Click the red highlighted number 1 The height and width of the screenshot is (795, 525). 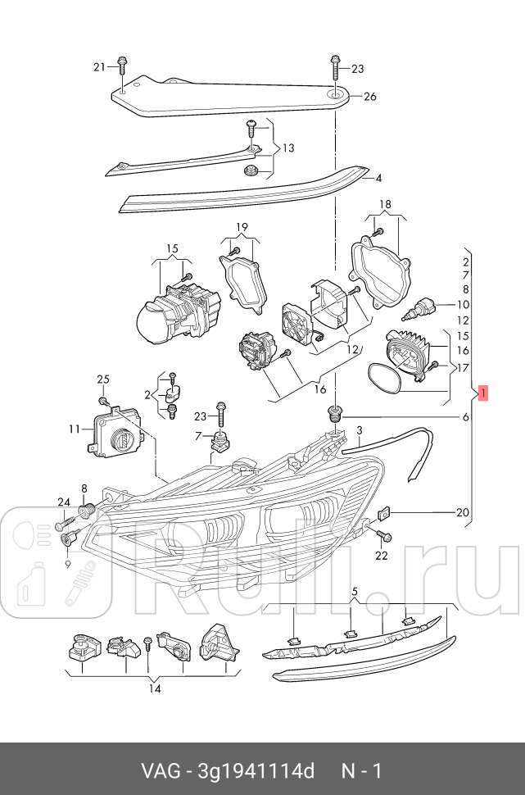(x=484, y=394)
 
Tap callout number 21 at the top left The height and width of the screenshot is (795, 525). (x=100, y=66)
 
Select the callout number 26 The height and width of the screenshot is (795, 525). (x=369, y=97)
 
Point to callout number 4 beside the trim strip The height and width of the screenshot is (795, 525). (x=378, y=177)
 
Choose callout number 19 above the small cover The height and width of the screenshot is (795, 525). (x=242, y=227)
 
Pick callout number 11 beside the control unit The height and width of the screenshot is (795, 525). (x=75, y=429)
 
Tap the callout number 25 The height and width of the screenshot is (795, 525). (x=102, y=379)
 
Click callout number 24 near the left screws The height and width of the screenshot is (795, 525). (x=64, y=502)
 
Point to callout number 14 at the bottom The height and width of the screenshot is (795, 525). (x=155, y=688)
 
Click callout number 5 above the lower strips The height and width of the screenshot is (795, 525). (x=355, y=591)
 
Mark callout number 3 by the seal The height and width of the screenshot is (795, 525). (x=359, y=429)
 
